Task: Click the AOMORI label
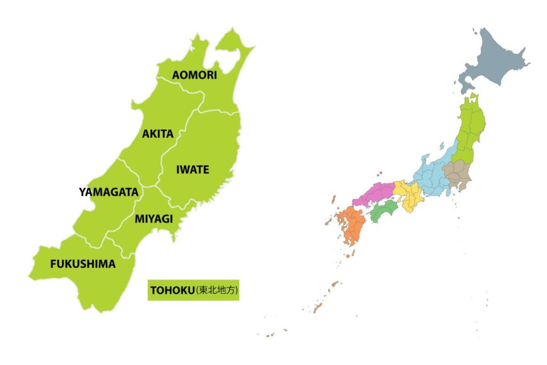194,75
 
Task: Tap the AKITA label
158,134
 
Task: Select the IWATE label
192,170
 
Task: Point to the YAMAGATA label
108,192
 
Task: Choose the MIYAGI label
153,219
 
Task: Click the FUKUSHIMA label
83,263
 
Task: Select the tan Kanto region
457,174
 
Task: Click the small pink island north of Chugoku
380,173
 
